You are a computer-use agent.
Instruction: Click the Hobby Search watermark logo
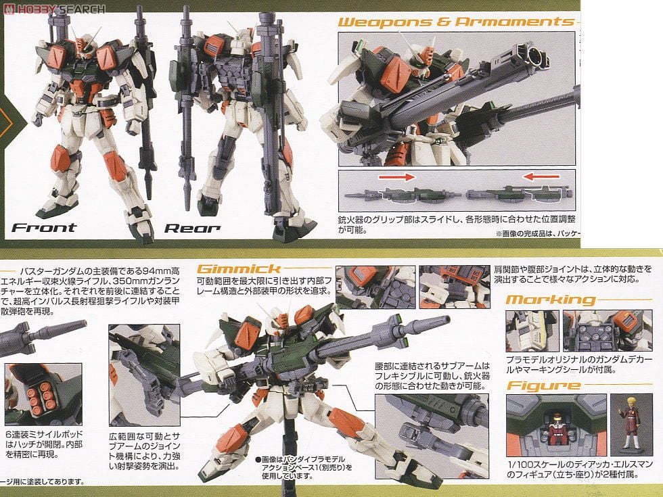coord(54,9)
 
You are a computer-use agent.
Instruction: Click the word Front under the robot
coord(44,228)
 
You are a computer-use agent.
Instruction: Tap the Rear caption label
coord(192,228)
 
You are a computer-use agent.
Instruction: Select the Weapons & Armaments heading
coord(455,22)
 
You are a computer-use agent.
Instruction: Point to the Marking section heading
coord(551,300)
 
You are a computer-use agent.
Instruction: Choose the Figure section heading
coord(543,386)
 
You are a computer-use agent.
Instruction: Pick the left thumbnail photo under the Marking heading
coord(532,331)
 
